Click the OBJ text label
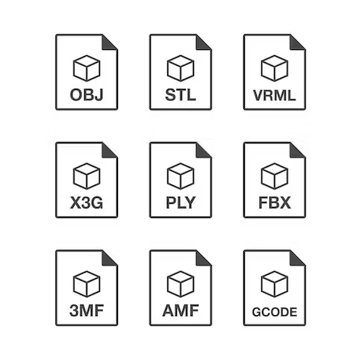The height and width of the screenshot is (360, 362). tap(87, 95)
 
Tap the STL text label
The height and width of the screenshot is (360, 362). tap(181, 95)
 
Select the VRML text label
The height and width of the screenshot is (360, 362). tap(274, 95)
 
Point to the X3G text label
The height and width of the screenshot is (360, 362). tap(87, 202)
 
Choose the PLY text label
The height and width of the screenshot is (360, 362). tap(181, 202)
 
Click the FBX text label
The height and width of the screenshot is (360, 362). tap(275, 202)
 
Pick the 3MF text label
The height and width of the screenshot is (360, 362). tap(87, 311)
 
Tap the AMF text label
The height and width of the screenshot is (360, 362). tap(181, 311)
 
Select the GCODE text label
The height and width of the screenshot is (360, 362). tap(275, 312)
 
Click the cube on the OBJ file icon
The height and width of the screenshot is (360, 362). tap(87, 68)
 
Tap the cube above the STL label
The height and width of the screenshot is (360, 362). tap(181, 68)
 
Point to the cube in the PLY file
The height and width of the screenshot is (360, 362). tap(181, 176)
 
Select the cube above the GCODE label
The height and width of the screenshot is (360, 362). tap(275, 284)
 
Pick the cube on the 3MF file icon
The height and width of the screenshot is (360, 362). tap(87, 284)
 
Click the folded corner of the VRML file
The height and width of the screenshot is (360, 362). tap(296, 44)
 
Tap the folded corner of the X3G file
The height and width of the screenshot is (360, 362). tap(107, 152)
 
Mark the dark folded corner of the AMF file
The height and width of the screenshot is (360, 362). tap(202, 260)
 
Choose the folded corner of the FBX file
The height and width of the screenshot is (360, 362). tap(296, 152)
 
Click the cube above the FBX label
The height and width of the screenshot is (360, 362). tap(275, 176)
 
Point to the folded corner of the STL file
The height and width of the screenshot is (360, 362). tap(202, 44)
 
